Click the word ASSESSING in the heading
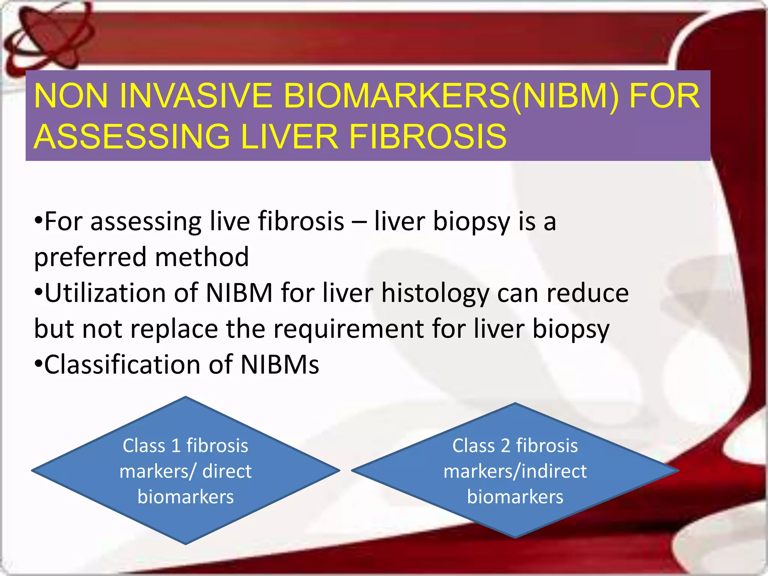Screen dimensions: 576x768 tap(132, 136)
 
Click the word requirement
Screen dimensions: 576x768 tap(349, 329)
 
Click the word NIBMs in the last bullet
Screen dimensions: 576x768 tap(280, 364)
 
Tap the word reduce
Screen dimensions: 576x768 tap(587, 293)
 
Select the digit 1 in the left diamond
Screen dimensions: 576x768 tap(176, 446)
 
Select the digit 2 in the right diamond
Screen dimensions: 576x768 tap(505, 446)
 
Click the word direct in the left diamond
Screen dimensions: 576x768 tap(227, 471)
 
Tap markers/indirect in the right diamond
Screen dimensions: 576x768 tap(515, 471)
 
